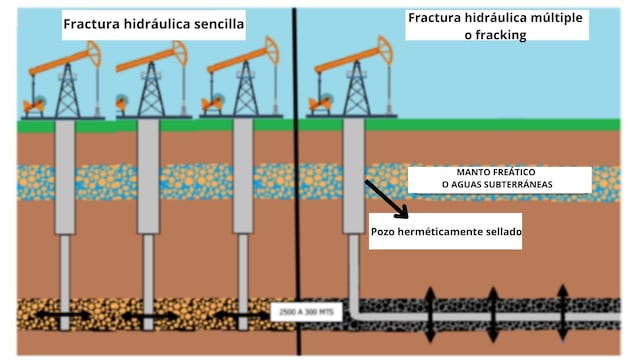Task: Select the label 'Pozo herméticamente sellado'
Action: (446, 231)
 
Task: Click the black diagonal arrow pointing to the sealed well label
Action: (386, 199)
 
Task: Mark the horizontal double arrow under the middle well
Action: (150, 316)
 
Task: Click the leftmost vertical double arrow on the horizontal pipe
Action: (429, 312)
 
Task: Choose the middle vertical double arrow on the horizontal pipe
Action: (493, 312)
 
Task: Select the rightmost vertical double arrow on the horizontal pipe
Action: (562, 312)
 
